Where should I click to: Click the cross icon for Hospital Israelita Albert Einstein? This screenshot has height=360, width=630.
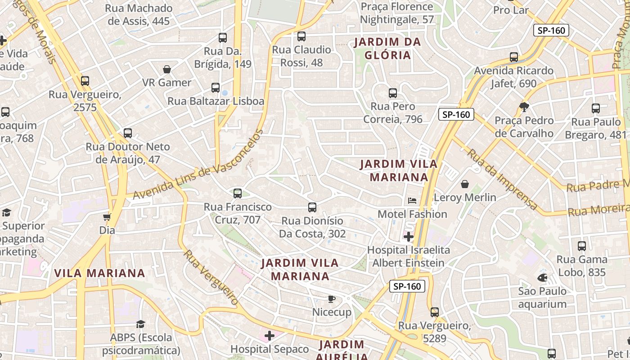click(409, 237)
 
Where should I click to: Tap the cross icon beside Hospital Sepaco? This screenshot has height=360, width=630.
click(270, 336)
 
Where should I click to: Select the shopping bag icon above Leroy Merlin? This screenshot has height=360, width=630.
click(465, 184)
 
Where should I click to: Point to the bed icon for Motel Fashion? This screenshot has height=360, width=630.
click(412, 201)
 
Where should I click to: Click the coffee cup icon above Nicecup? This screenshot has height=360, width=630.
click(332, 299)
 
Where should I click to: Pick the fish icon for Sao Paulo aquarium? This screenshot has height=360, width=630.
click(542, 278)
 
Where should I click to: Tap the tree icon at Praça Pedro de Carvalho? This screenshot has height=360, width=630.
click(524, 107)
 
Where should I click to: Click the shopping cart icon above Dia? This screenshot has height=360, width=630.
click(107, 217)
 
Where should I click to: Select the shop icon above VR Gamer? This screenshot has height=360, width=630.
click(167, 69)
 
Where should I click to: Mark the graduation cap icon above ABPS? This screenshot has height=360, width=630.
click(141, 324)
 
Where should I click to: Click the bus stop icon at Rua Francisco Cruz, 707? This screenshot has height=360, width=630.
click(238, 193)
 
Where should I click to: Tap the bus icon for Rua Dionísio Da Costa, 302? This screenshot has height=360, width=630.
click(312, 207)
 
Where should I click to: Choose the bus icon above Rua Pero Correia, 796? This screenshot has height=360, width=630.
click(393, 93)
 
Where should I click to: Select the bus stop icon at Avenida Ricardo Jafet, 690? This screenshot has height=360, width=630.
click(514, 57)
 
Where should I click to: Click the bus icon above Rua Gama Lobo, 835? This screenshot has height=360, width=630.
click(582, 246)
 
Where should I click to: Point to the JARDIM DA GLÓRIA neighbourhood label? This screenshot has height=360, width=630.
click(387, 49)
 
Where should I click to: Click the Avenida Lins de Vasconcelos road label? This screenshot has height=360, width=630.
click(198, 166)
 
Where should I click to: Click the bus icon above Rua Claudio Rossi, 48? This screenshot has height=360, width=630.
click(301, 36)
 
